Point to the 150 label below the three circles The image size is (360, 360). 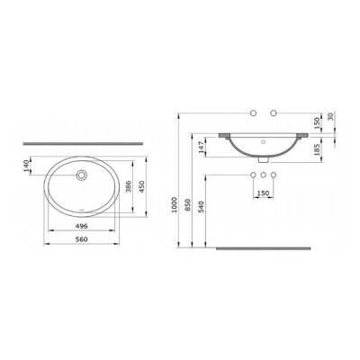coord(264,192)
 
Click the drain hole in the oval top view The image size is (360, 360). coord(82,175)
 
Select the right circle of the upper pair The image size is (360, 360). coord(274,115)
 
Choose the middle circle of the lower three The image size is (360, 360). coord(265,174)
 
